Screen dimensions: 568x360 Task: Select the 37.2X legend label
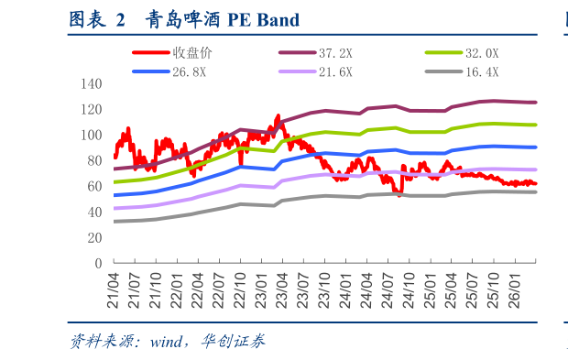pyautogui.click(x=335, y=54)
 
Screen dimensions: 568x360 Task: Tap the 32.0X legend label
pyautogui.click(x=482, y=54)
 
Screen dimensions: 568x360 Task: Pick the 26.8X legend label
pyautogui.click(x=189, y=72)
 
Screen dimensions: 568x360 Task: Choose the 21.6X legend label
pyautogui.click(x=335, y=72)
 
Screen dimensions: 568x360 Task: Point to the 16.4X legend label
pyautogui.click(x=482, y=72)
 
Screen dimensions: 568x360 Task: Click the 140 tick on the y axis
pyautogui.click(x=92, y=84)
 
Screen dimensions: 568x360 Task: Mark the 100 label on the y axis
pyautogui.click(x=92, y=135)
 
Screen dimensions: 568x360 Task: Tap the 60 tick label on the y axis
pyautogui.click(x=95, y=186)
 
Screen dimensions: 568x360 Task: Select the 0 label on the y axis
pyautogui.click(x=99, y=263)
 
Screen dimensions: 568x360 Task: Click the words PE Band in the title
pyautogui.click(x=264, y=20)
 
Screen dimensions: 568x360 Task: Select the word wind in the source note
pyautogui.click(x=166, y=342)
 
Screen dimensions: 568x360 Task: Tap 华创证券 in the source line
pyautogui.click(x=234, y=341)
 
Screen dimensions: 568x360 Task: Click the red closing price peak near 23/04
pyautogui.click(x=279, y=116)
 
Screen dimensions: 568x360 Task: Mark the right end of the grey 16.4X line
pyautogui.click(x=535, y=192)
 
